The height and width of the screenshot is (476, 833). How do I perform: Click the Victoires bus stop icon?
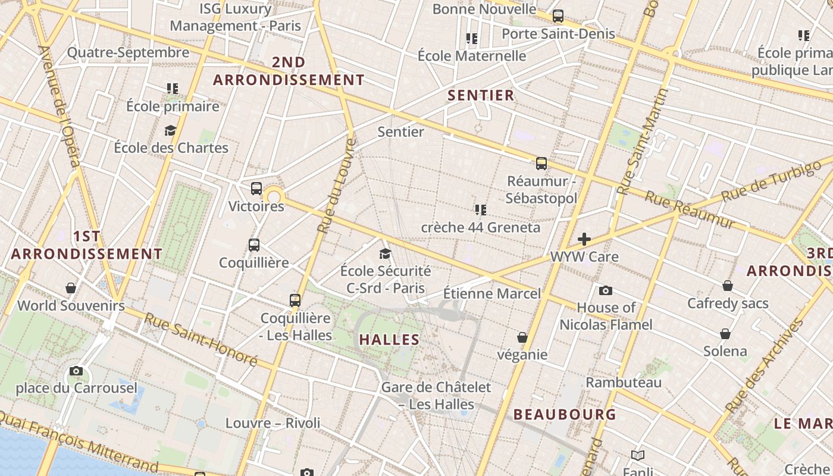[x=256, y=189]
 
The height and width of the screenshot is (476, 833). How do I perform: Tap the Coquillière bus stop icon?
[x=254, y=245]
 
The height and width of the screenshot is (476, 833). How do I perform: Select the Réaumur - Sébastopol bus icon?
[x=541, y=164]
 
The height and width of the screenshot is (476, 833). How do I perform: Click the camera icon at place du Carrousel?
[x=76, y=371]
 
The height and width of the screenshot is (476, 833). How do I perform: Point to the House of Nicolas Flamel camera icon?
[x=606, y=290]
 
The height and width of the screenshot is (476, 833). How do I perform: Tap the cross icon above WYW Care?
[x=584, y=239]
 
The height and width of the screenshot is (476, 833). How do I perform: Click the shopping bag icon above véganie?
[x=522, y=337]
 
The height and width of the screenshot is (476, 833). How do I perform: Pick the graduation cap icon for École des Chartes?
[x=171, y=130]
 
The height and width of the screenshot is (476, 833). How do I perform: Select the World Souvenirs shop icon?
[x=71, y=288]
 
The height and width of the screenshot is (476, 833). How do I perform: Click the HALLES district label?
[x=390, y=340]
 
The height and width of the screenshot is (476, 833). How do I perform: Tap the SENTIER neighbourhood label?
[x=481, y=95]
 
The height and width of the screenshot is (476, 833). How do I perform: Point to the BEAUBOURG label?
[x=565, y=414]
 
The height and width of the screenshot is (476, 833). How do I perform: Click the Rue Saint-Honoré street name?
[x=201, y=339]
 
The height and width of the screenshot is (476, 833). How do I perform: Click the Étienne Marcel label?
[x=492, y=293]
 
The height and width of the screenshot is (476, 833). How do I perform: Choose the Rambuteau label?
[x=624, y=382]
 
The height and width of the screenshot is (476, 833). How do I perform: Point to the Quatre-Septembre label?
[x=128, y=52]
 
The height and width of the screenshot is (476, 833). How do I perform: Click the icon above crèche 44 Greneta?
[x=481, y=209]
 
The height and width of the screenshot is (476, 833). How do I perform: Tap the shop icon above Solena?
[x=725, y=334]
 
